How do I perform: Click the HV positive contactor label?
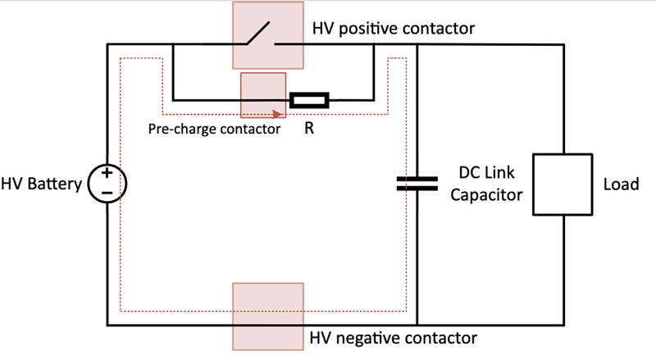tap(394, 29)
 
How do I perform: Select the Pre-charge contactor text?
tap(214, 129)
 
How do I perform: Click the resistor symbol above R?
tap(310, 101)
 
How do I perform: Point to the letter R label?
tap(309, 129)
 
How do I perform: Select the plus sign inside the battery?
tap(107, 174)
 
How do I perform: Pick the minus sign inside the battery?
tap(107, 194)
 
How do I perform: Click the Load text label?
tap(620, 185)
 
